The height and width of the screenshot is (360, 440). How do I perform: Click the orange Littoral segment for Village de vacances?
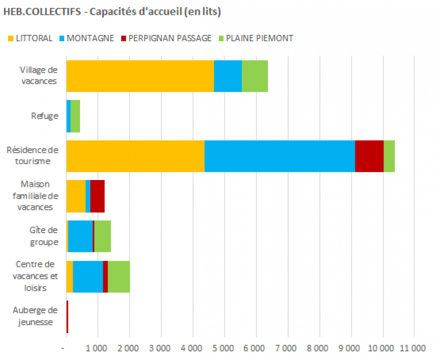coord(140,75)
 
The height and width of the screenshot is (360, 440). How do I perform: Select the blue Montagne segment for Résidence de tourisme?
coord(279,155)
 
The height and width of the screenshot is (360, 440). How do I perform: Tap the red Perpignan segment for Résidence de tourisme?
coord(369,155)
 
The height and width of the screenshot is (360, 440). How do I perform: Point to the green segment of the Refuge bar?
coord(75,116)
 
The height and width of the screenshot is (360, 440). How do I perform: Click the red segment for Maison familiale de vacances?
coord(97,195)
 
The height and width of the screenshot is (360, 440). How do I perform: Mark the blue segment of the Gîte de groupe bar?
coord(80,235)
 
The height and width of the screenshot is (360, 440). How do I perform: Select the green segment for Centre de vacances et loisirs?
coord(119,276)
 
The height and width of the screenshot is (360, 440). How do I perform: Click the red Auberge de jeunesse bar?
coord(67,316)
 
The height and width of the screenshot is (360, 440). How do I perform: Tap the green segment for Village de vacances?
coord(255,75)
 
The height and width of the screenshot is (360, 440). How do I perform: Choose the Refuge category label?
coord(44,116)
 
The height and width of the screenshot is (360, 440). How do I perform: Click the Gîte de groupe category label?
coord(43,235)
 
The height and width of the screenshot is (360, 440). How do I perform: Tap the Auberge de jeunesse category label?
coord(36,316)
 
